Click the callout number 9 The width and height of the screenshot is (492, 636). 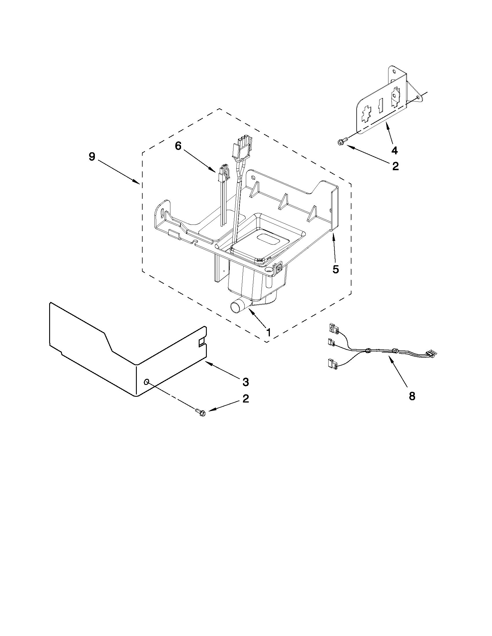[92, 157]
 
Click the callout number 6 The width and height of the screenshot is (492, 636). [178, 146]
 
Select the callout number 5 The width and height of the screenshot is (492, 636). [336, 270]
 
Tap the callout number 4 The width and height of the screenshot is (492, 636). [394, 150]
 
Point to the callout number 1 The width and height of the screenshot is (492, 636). [268, 332]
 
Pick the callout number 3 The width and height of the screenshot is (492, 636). [246, 382]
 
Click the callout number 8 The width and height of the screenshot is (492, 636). [412, 396]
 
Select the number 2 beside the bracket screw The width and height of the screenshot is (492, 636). [395, 166]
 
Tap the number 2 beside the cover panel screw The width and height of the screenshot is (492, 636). [246, 399]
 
